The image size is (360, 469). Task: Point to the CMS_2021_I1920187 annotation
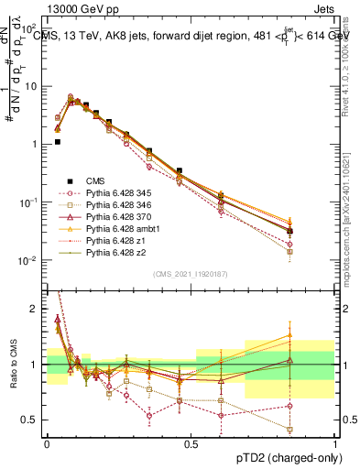(x=190, y=274)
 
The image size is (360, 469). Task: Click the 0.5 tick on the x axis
(x=191, y=443)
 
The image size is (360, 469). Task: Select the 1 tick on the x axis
(x=334, y=443)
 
